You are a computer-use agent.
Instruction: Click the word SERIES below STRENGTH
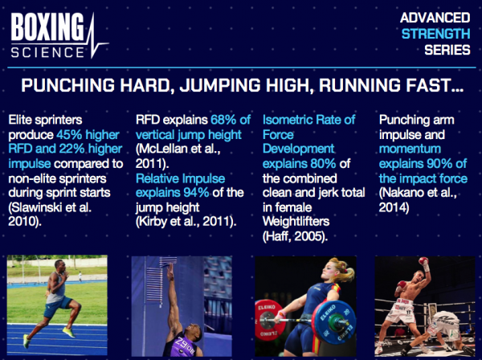(447, 50)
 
